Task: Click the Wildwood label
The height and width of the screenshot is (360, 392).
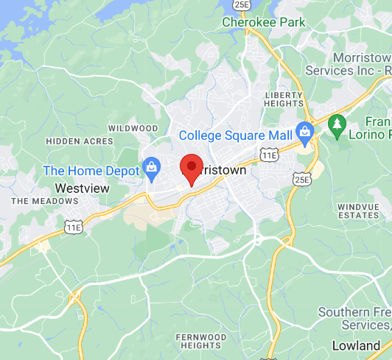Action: (x=133, y=128)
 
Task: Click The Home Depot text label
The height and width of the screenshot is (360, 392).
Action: (x=91, y=171)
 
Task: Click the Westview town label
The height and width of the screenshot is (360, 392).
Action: (x=83, y=188)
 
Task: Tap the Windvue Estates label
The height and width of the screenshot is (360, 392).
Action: (x=358, y=211)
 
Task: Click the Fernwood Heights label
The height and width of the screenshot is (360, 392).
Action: (x=202, y=341)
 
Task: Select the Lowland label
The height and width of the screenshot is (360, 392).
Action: (x=356, y=345)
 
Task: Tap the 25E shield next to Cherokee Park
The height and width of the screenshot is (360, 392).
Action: (x=241, y=4)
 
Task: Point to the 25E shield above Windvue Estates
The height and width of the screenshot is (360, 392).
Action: (x=300, y=179)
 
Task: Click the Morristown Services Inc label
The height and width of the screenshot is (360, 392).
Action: (x=361, y=64)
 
